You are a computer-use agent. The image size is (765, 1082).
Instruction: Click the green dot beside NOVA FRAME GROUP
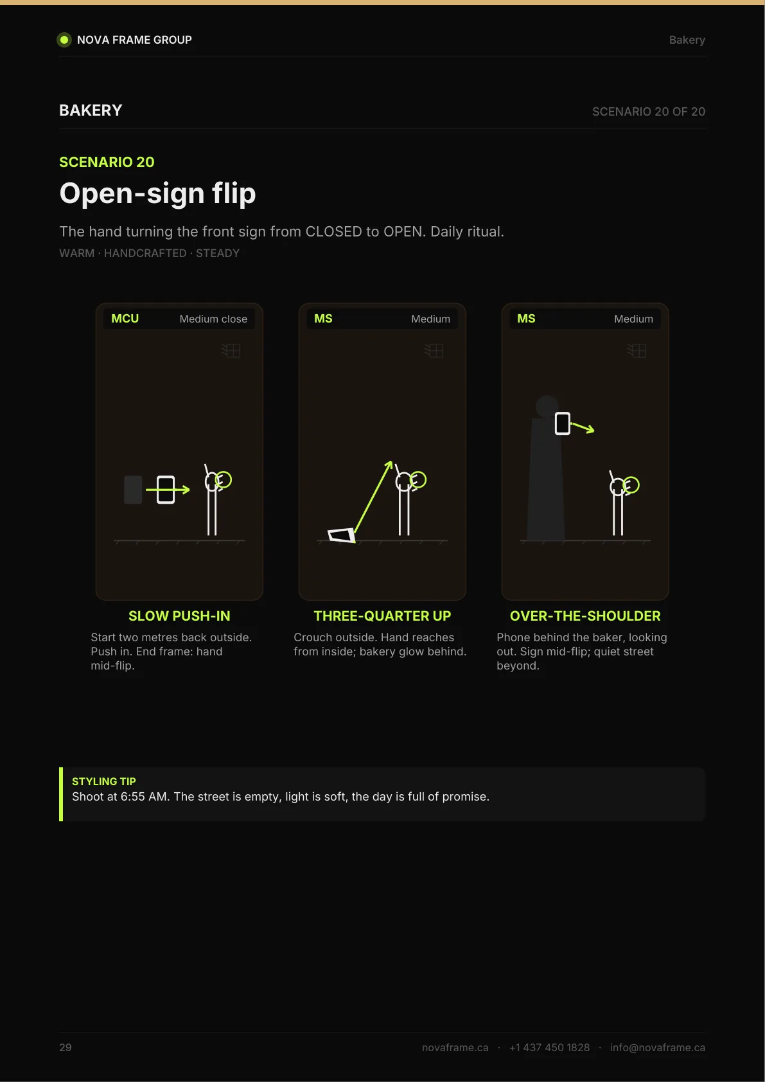(64, 40)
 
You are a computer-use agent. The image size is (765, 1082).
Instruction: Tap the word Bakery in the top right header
(687, 40)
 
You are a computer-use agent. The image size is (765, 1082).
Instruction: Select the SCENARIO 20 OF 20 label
(649, 112)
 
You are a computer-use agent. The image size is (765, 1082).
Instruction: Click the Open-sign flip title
(157, 193)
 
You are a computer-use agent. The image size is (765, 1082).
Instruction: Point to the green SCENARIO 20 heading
(107, 162)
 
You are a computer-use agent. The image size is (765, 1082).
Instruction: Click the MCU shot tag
(125, 319)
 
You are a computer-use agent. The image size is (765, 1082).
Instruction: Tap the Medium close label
(213, 319)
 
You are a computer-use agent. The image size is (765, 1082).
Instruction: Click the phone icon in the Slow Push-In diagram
(166, 490)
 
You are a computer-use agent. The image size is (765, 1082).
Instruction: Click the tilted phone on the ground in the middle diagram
(342, 535)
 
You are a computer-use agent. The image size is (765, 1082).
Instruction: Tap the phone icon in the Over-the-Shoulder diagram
(563, 423)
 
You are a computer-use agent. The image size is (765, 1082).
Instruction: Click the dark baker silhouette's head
(547, 407)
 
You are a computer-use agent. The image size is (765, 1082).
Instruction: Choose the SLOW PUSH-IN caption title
(179, 616)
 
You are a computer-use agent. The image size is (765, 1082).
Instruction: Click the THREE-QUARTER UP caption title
(383, 616)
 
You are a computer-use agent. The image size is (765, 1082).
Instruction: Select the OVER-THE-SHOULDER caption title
(585, 616)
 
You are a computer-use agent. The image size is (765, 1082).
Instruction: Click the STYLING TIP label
(104, 781)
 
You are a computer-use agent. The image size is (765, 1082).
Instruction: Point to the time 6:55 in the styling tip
(133, 797)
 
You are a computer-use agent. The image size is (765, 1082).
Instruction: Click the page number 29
(66, 1047)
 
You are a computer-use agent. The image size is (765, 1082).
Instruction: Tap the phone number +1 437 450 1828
(550, 1047)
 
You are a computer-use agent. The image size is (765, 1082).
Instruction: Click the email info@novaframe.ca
(658, 1047)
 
